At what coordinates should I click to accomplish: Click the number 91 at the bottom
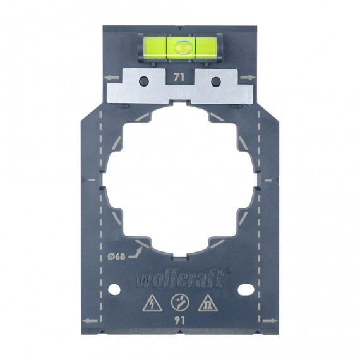[x=180, y=320]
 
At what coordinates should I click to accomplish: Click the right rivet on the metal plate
[x=215, y=80]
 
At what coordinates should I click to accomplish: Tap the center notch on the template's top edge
[x=180, y=28]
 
